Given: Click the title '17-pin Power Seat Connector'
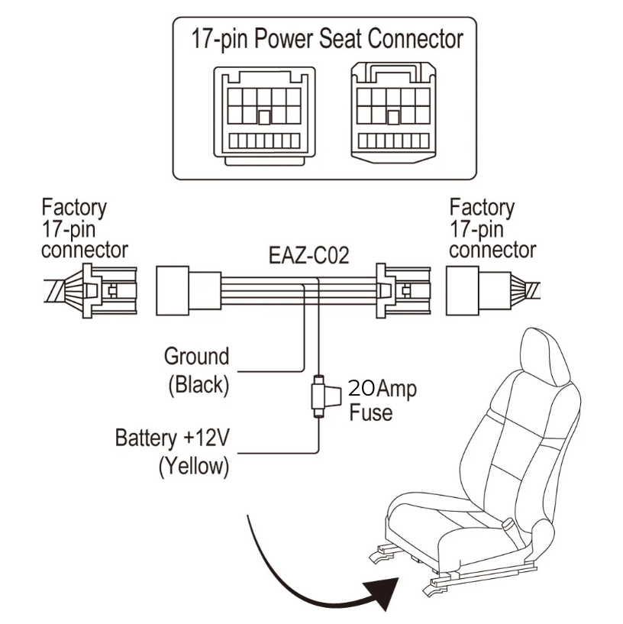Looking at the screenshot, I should [x=327, y=37].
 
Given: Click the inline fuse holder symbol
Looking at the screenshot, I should [x=320, y=396].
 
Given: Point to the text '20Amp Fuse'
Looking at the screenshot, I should [x=382, y=400].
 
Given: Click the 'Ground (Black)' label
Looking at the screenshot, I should [x=198, y=370].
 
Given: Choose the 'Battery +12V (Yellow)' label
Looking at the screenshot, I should [x=173, y=452].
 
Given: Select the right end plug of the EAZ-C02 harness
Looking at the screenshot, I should [x=400, y=291].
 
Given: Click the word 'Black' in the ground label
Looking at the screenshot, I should [x=198, y=384].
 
